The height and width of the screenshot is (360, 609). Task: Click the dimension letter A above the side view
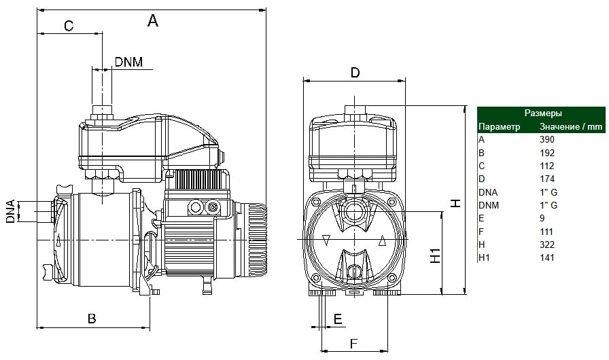pos(153,20)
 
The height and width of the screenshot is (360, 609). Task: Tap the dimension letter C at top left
pos(69,26)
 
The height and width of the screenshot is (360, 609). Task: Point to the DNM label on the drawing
pos(128,62)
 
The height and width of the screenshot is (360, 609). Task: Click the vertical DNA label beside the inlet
pos(10,211)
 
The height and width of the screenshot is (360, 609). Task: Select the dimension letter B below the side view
pos(92,319)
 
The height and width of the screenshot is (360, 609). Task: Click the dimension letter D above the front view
pos(355,73)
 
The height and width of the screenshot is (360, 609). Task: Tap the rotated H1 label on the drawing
pos(436,256)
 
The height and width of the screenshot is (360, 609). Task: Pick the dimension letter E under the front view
pos(338,319)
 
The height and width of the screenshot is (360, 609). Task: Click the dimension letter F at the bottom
pos(353,344)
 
